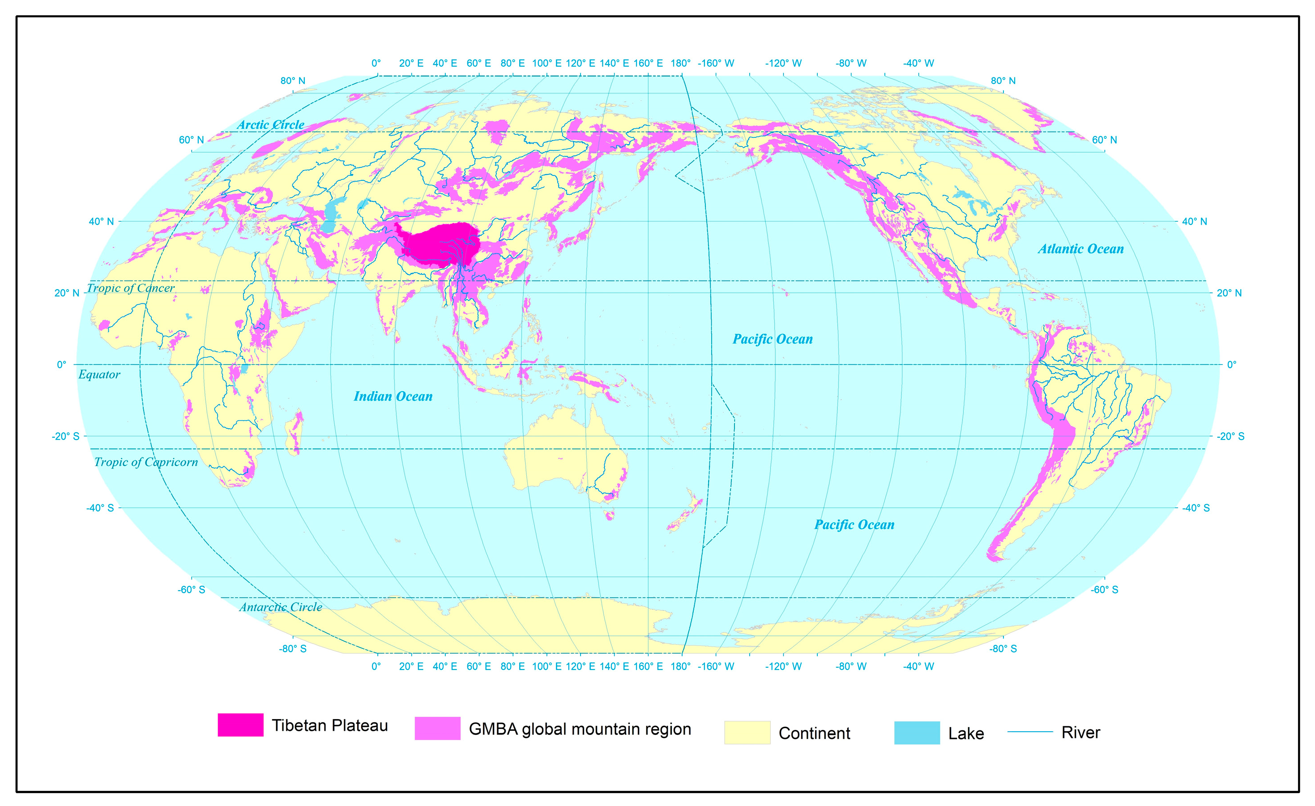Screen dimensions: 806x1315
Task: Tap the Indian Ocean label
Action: tap(393, 396)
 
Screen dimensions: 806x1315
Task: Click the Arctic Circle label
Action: tap(271, 124)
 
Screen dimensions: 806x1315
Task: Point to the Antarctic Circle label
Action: tap(280, 607)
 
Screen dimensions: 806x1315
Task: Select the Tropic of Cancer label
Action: tap(131, 288)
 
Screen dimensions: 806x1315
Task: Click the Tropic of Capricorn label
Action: tap(146, 462)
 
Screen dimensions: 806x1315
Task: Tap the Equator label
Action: tap(99, 375)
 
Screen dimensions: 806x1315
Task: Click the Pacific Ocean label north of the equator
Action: tap(772, 339)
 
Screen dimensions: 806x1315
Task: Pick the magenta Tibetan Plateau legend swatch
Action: tap(240, 725)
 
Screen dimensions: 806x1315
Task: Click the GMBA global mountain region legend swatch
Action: tap(437, 729)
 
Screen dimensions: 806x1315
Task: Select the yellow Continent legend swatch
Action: tap(747, 732)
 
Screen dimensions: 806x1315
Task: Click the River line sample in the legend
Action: tap(1029, 732)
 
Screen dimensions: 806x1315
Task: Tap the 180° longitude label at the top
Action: tap(680, 63)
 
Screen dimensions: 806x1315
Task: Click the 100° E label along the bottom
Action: tap(546, 666)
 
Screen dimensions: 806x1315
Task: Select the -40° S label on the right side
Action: tap(1195, 507)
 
